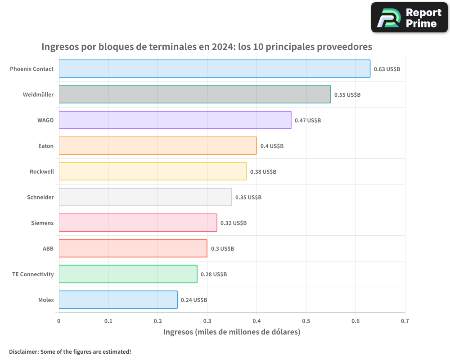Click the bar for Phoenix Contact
pyautogui.click(x=214, y=69)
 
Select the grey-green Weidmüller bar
pyautogui.click(x=194, y=94)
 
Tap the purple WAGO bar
pyautogui.click(x=175, y=120)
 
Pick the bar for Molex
pyautogui.click(x=118, y=300)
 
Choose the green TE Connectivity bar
pyautogui.click(x=128, y=274)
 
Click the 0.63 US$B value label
pyautogui.click(x=387, y=69)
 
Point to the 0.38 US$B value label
pyautogui.click(x=263, y=172)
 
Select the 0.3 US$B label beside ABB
pyautogui.click(x=222, y=249)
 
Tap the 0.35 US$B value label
pyautogui.click(x=248, y=198)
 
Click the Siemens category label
pyautogui.click(x=42, y=223)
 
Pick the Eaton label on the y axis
pyautogui.click(x=46, y=146)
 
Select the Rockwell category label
pyautogui.click(x=42, y=171)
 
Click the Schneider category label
pyautogui.click(x=40, y=197)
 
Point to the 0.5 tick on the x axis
pyautogui.click(x=306, y=321)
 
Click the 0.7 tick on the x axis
pyautogui.click(x=405, y=321)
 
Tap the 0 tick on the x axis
pyautogui.click(x=59, y=321)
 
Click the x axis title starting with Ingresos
pyautogui.click(x=231, y=332)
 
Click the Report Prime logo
pyautogui.click(x=409, y=18)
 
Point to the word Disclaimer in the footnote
pyautogui.click(x=23, y=351)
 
